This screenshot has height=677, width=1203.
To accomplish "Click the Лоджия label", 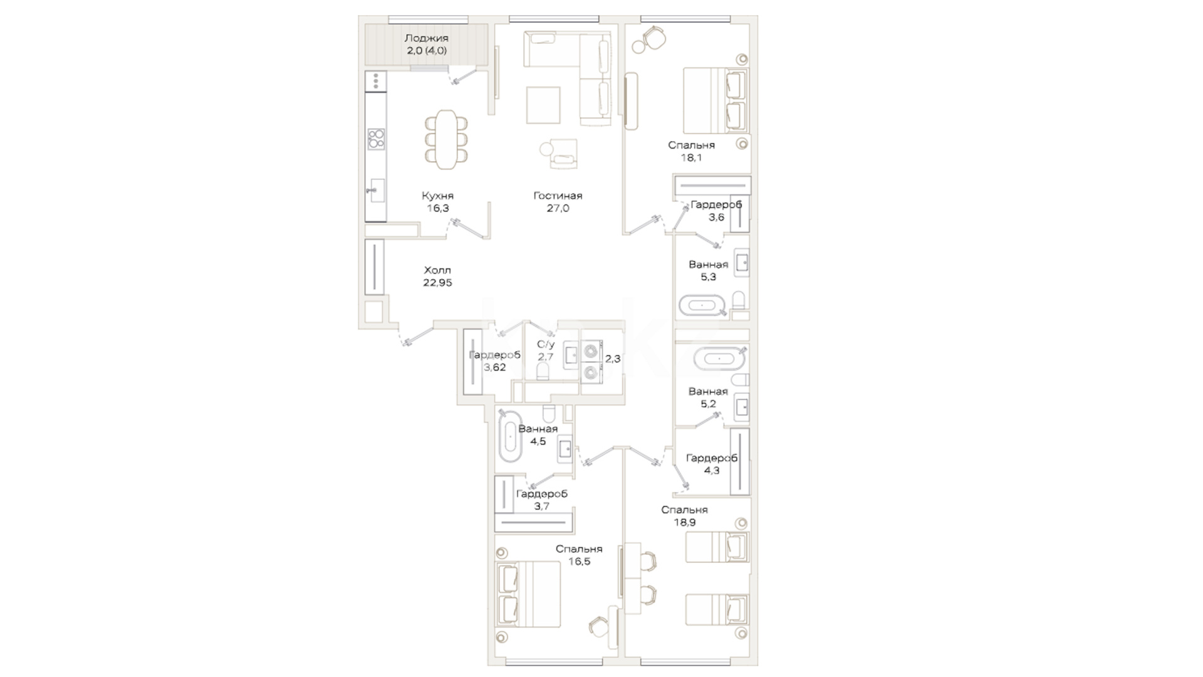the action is click(x=426, y=38).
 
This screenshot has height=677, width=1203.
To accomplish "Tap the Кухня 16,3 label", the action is click(x=437, y=202).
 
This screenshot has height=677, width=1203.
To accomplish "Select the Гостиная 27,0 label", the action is click(x=558, y=202).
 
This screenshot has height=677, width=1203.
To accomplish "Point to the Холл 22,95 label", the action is click(x=437, y=276).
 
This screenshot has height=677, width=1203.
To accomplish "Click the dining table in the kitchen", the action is click(x=447, y=139).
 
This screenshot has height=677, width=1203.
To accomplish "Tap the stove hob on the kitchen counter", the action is click(x=376, y=139).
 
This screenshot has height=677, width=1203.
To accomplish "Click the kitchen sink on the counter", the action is click(x=377, y=191).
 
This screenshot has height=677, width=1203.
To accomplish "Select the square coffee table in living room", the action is click(x=543, y=105).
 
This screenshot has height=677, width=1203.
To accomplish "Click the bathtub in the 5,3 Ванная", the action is click(x=702, y=307).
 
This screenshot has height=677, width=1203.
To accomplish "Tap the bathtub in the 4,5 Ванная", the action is click(x=509, y=438).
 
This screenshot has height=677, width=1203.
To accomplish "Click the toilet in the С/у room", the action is click(x=543, y=372).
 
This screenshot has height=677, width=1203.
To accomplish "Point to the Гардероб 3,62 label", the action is click(x=494, y=361).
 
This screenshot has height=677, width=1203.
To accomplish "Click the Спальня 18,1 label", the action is click(x=691, y=151).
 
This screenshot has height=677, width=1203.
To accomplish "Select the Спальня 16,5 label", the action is click(x=579, y=555).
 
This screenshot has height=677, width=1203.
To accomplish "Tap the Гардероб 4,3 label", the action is click(x=712, y=464).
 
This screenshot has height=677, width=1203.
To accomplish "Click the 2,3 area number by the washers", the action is click(x=613, y=359).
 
